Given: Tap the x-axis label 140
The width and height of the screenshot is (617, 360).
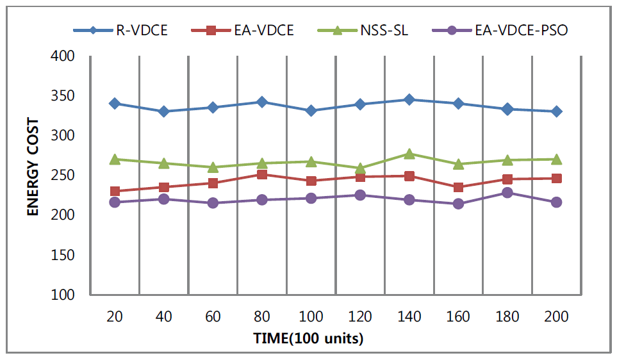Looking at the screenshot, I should pos(409,316).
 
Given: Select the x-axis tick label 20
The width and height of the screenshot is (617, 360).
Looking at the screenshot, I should pos(115,316).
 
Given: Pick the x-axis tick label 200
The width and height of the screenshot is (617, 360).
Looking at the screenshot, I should pos(556,316).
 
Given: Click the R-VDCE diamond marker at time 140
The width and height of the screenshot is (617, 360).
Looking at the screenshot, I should pos(409,99).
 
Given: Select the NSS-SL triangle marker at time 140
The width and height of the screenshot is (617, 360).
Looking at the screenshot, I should pos(409,154).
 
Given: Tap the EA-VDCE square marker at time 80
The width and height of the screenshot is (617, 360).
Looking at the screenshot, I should pos(262,174).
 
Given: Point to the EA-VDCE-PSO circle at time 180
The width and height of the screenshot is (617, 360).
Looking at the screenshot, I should pos(507,193).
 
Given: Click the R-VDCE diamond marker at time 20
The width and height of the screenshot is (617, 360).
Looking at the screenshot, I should pos(115,103).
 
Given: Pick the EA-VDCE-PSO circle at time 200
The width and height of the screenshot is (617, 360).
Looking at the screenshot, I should pos(556,202).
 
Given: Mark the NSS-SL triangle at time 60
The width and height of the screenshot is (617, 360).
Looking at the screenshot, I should pos(213,167).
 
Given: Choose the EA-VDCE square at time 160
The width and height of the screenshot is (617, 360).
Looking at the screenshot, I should pos(458,187).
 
